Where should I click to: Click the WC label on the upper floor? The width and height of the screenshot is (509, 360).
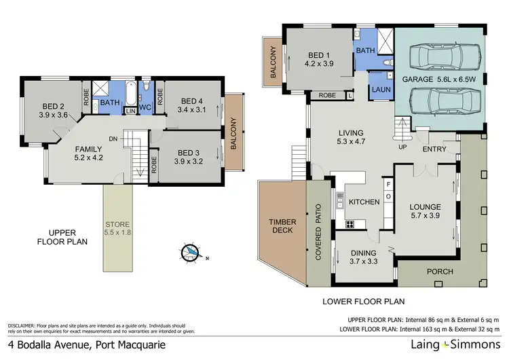pos(144,107)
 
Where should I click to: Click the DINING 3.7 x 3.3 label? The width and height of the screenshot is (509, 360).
pos(364,257)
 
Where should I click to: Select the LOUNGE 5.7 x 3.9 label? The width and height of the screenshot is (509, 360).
pos(426,211)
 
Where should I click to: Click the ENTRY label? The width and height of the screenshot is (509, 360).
pos(433,149)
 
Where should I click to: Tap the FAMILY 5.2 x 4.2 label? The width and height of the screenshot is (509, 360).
pos(88,154)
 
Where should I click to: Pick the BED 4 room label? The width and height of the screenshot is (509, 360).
pos(190,105)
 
